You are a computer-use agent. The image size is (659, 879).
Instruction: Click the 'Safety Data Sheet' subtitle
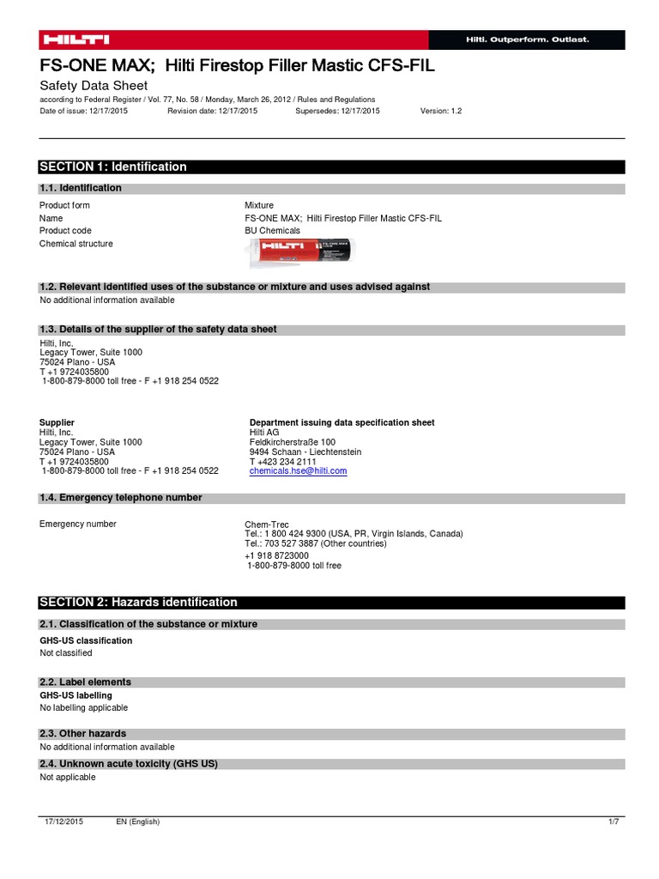point(94,86)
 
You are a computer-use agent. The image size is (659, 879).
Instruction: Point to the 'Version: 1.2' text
point(441,112)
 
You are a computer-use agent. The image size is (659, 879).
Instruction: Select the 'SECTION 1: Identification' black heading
point(113,167)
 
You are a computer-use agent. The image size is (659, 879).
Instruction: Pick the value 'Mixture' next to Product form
point(259,206)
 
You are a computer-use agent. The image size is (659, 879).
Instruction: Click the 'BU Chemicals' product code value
point(272,231)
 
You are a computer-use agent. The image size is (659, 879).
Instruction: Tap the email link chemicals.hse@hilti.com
point(298,471)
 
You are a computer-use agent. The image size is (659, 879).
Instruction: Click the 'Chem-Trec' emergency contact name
point(266,524)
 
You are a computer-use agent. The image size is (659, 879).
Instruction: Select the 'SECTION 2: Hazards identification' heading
point(138,603)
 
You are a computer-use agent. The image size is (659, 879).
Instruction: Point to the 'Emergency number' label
point(78,524)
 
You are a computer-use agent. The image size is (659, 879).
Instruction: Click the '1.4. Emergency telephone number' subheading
point(121,498)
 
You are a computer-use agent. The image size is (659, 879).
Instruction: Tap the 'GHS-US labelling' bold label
point(76,695)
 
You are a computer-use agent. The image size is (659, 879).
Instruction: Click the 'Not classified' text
point(65,653)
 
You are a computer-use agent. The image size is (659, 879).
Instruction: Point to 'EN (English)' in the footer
point(138,822)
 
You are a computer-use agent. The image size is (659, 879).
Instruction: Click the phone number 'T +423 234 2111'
point(283,462)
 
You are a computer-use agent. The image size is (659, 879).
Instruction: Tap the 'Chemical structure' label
point(76,244)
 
